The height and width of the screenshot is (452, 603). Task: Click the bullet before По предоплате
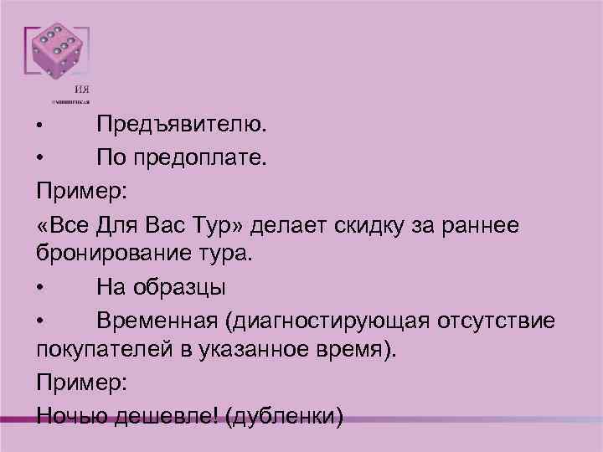[x=40, y=157]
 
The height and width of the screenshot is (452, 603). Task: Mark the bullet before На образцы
[x=40, y=288]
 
